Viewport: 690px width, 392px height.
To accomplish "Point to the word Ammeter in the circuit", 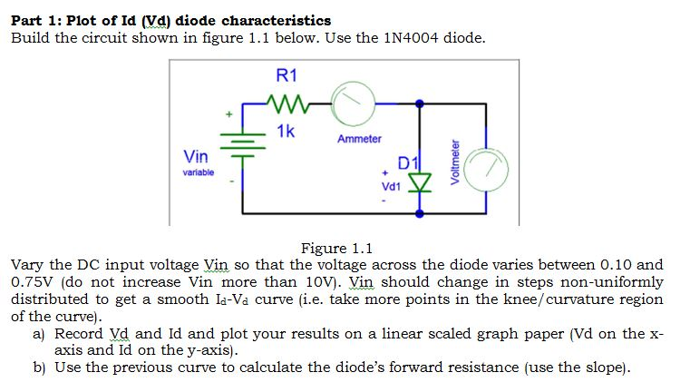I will (359, 139).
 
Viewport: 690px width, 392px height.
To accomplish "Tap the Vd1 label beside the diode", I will (392, 185).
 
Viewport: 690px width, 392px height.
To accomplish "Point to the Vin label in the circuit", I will (199, 155).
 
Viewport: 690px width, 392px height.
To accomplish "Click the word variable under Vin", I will (199, 171).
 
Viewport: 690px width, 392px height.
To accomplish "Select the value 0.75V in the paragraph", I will (32, 282).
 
